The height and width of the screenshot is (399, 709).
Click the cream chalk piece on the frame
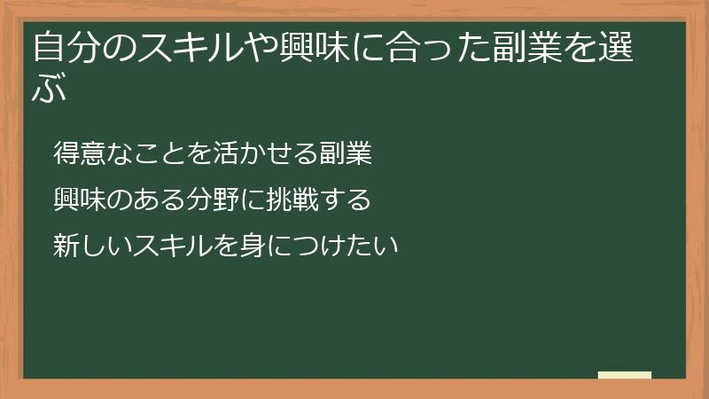pyautogui.click(x=625, y=375)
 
